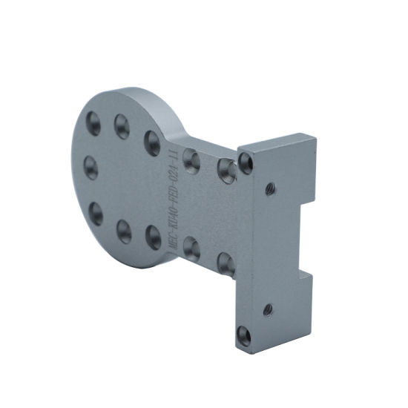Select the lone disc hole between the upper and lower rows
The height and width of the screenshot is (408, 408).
tap(91, 167)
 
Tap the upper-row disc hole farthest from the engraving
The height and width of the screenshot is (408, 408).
tap(94, 123)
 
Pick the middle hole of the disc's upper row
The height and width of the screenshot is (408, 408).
tap(122, 126)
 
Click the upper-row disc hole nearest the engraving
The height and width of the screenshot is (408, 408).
tap(152, 142)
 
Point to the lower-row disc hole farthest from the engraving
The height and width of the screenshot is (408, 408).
tap(96, 214)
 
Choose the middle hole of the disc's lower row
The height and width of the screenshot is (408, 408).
tap(124, 231)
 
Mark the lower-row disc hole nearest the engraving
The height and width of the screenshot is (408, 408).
tap(154, 237)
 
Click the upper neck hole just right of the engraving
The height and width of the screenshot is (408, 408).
tap(191, 159)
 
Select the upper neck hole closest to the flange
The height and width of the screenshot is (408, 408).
tap(226, 171)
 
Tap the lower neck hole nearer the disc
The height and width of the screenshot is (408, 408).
tap(191, 248)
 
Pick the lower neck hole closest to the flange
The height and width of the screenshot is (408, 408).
tap(226, 263)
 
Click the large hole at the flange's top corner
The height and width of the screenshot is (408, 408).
tap(246, 162)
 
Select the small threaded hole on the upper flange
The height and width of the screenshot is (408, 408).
tap(270, 188)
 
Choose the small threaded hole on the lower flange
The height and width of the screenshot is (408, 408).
tap(268, 308)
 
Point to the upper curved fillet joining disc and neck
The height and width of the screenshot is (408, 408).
tap(185, 139)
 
